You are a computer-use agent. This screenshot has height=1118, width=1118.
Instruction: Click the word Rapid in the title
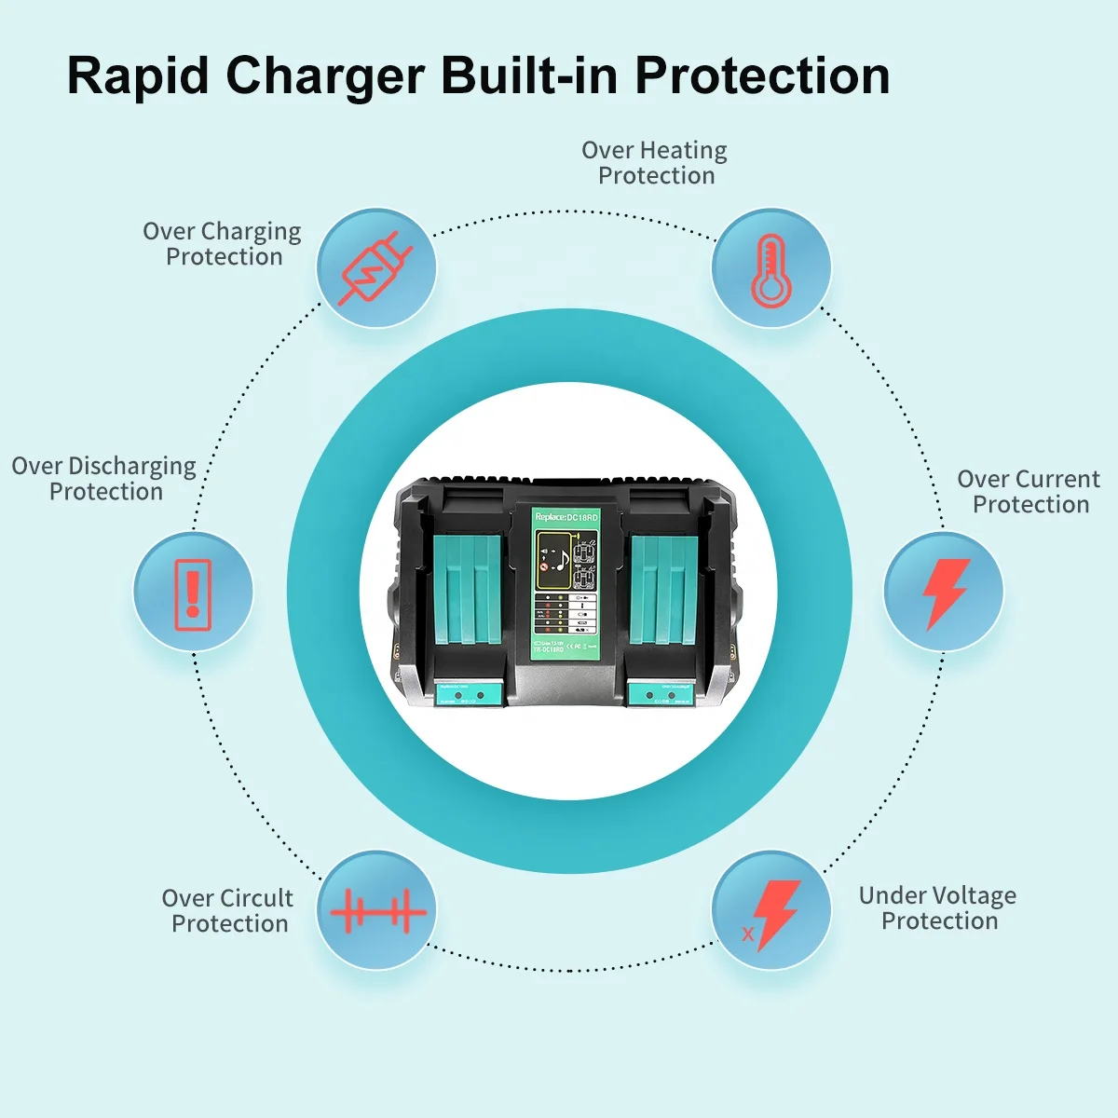point(138,75)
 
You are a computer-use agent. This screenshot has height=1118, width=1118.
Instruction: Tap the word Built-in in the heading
point(527,75)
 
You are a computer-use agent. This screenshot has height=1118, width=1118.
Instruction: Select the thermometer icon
point(770,268)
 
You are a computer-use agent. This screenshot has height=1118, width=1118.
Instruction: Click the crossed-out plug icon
point(376,268)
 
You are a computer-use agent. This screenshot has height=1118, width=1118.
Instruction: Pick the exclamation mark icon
point(193,593)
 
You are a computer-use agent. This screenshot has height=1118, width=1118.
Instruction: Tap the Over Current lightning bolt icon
point(944,593)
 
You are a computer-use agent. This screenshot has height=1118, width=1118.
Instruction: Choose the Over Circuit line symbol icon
point(376,910)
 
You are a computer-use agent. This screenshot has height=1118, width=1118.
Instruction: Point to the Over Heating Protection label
point(655,163)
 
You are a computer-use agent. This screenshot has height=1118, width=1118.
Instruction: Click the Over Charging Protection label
point(223,244)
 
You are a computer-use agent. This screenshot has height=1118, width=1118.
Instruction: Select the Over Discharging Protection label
point(104,479)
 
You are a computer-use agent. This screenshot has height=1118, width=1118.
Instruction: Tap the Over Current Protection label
point(1029,492)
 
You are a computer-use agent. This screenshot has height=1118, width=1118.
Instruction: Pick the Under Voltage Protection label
point(938,908)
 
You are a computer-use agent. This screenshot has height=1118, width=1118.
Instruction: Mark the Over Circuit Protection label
point(228,911)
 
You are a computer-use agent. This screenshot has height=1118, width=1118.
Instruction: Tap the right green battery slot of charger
point(663,592)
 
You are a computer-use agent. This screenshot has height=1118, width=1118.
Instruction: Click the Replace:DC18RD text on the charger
point(566,517)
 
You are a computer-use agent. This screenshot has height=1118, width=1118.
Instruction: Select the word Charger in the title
point(325,75)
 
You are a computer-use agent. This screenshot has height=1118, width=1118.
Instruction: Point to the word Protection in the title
point(762,75)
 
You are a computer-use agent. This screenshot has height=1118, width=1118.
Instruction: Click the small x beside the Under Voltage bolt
point(747,934)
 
